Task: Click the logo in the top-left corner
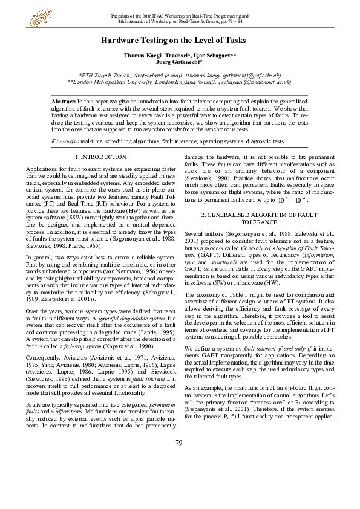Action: coord(42,18)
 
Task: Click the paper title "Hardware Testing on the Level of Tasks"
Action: coord(180,41)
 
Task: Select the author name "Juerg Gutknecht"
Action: coord(179,62)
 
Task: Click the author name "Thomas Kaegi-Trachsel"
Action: coord(155,55)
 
